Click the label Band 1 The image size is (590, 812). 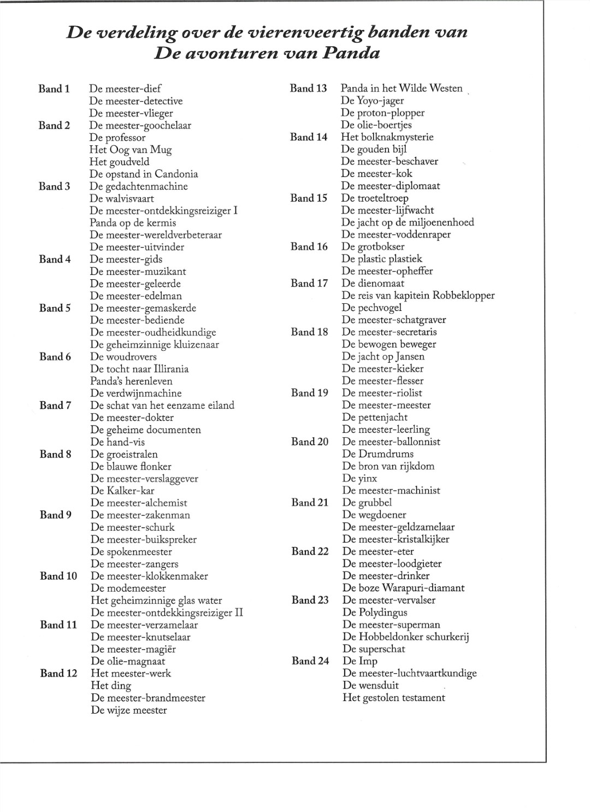pyautogui.click(x=54, y=89)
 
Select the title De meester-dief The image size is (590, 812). pyautogui.click(x=125, y=89)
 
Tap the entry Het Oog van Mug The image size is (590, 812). pyautogui.click(x=131, y=150)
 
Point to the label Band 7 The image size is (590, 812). pyautogui.click(x=55, y=405)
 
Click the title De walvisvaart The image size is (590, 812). pyautogui.click(x=122, y=198)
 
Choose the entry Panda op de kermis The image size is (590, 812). pyautogui.click(x=133, y=223)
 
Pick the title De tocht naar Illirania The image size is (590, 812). pyautogui.click(x=139, y=369)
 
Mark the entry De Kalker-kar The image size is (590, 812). pyautogui.click(x=122, y=491)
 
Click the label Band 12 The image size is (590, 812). pyautogui.click(x=58, y=673)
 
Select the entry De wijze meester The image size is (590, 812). pyautogui.click(x=129, y=710)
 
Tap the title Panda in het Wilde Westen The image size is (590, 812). pyautogui.click(x=402, y=89)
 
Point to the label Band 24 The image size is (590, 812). pyautogui.click(x=310, y=661)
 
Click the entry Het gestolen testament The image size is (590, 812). pyautogui.click(x=394, y=698)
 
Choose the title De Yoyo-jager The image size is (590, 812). pyautogui.click(x=373, y=101)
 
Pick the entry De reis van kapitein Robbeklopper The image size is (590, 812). pyautogui.click(x=418, y=296)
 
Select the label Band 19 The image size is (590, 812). pyautogui.click(x=310, y=393)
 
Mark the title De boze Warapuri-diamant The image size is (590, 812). pyautogui.click(x=403, y=588)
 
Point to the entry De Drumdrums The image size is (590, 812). pyautogui.click(x=378, y=454)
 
